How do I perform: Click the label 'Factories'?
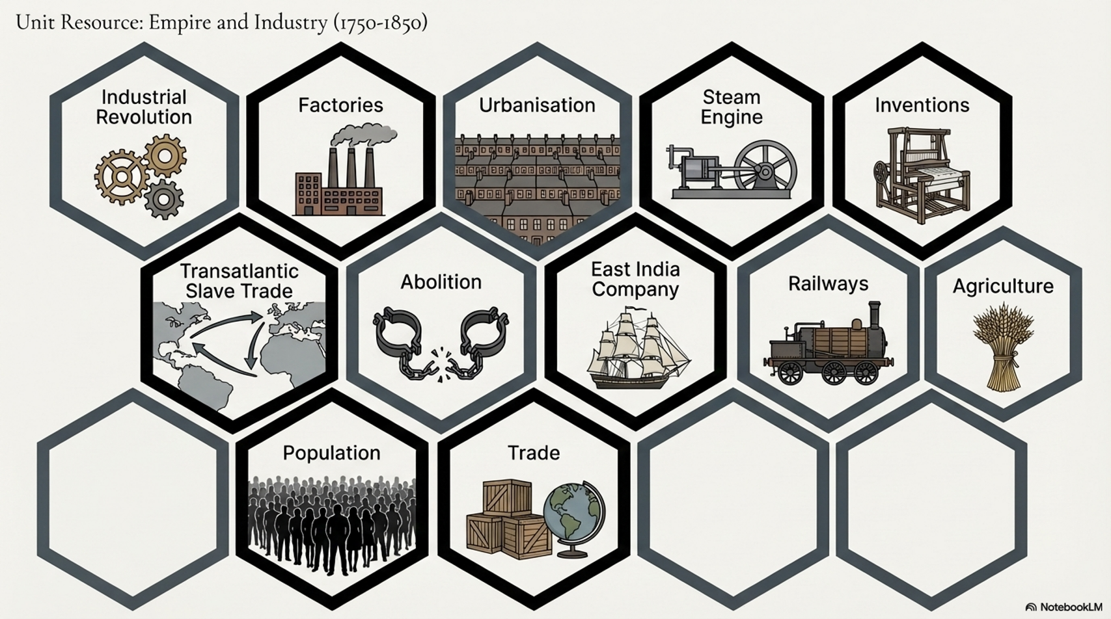tap(340, 105)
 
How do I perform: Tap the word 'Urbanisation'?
tap(537, 105)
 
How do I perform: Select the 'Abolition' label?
tap(441, 282)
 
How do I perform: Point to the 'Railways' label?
tap(828, 284)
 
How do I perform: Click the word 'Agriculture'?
tap(1002, 287)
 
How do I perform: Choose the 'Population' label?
tap(331, 453)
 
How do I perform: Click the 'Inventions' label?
tap(922, 105)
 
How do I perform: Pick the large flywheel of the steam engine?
tap(765, 171)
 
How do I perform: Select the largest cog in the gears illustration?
tap(122, 177)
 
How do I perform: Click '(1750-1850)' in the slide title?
tap(381, 23)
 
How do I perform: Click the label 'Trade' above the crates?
tap(533, 453)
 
